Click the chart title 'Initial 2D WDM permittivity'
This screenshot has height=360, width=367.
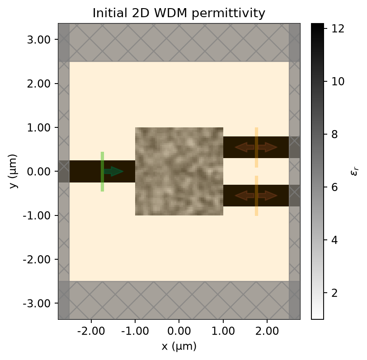coord(179,13)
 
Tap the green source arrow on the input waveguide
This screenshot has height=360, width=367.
coord(113,172)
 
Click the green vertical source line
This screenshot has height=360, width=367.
coord(102,172)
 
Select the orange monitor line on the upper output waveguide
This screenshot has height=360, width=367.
coord(257,147)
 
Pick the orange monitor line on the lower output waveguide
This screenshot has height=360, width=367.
coord(257,196)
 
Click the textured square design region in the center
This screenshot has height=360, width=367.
coord(179,171)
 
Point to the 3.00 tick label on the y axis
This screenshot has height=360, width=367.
coord(38,40)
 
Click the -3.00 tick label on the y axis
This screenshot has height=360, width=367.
coord(37,304)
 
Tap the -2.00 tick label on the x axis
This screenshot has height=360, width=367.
coord(91,331)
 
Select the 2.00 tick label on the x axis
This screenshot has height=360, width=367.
coord(267,331)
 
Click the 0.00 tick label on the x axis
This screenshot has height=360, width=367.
coord(179,331)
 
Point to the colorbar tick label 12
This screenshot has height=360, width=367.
coord(338,28)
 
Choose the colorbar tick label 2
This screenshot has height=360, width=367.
coord(335,293)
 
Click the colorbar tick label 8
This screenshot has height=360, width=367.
coord(335,134)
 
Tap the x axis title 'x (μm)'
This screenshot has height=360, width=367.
coord(179,346)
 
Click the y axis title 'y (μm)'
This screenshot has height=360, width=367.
coord(14,171)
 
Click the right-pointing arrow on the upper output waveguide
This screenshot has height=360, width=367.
coord(268,147)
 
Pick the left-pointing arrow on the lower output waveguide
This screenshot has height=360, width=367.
coord(245,196)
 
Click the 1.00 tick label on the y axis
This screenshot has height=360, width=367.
coord(38,128)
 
